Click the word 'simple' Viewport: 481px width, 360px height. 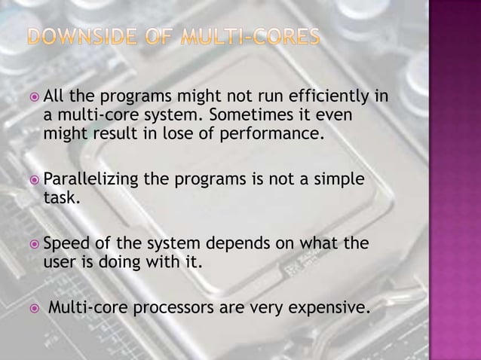[339, 180]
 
